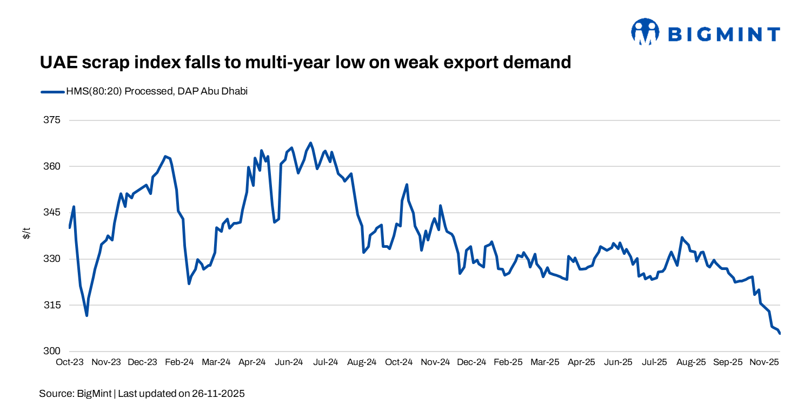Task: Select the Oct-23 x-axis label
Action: (x=70, y=362)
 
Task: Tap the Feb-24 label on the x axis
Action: (x=180, y=362)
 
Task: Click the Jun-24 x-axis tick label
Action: (x=289, y=362)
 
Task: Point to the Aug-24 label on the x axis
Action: (x=362, y=362)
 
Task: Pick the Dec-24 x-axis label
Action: (x=471, y=362)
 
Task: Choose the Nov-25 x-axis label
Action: (x=763, y=362)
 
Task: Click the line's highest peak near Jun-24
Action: (x=310, y=143)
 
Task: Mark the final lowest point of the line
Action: (x=780, y=334)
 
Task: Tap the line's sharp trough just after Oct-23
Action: (x=87, y=315)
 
